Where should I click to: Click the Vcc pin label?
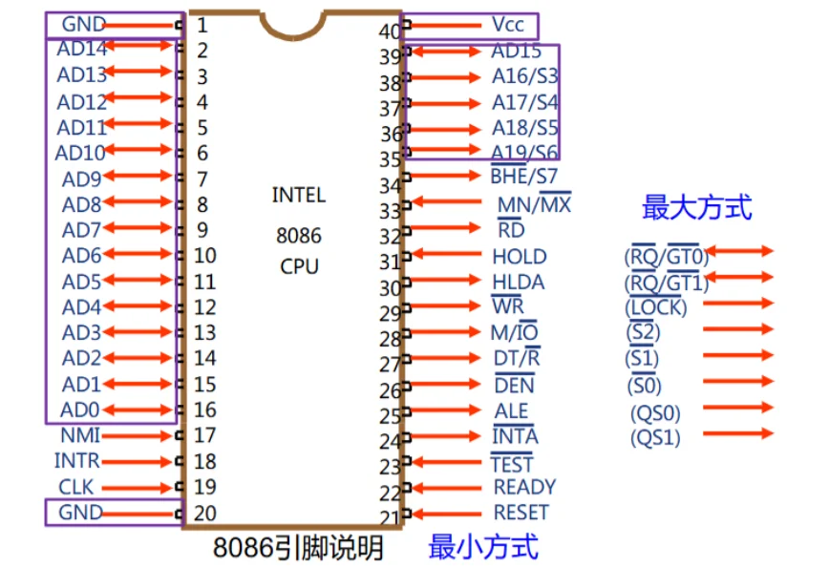coord(508,24)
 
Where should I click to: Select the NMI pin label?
coord(80,435)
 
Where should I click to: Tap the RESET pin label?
coord(521,513)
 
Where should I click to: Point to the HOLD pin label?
coord(520,256)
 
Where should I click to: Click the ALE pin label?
coord(511,410)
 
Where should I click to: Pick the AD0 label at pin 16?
coord(80,409)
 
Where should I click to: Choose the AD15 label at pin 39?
coord(517,52)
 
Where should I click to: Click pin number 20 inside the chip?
coord(204,513)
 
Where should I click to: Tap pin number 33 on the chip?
coord(390,211)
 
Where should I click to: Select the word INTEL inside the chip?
coord(299,195)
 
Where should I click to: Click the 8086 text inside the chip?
coord(299,235)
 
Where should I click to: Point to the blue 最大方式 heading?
coord(696,207)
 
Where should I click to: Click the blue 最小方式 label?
coord(483,547)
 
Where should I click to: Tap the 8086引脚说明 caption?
coord(297,548)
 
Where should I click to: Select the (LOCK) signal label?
coord(656,307)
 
